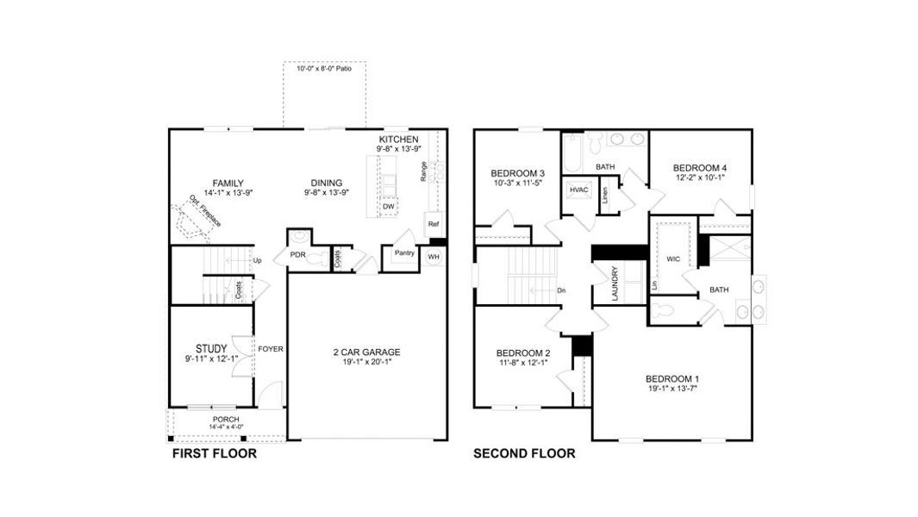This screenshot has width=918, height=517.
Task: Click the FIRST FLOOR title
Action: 214,453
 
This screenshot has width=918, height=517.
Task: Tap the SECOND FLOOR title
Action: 524,453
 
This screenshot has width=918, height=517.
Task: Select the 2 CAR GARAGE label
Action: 366,352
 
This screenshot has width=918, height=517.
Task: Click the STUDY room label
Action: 210,348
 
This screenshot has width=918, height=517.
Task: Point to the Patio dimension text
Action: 324,68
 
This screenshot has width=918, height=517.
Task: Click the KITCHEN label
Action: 398,139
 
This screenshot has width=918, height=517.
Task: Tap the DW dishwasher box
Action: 388,207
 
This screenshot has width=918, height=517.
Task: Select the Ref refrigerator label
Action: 433,224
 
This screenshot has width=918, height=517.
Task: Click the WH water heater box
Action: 434,256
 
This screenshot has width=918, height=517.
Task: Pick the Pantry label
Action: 403,253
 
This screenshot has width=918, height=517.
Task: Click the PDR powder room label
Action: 297,255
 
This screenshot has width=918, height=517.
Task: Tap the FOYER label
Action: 271,349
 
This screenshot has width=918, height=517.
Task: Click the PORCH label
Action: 226,420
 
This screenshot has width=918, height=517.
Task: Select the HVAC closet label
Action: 578,190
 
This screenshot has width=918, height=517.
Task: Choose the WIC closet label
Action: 673,258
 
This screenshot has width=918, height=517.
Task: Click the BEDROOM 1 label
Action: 672,379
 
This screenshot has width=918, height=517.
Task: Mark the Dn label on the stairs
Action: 561,290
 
